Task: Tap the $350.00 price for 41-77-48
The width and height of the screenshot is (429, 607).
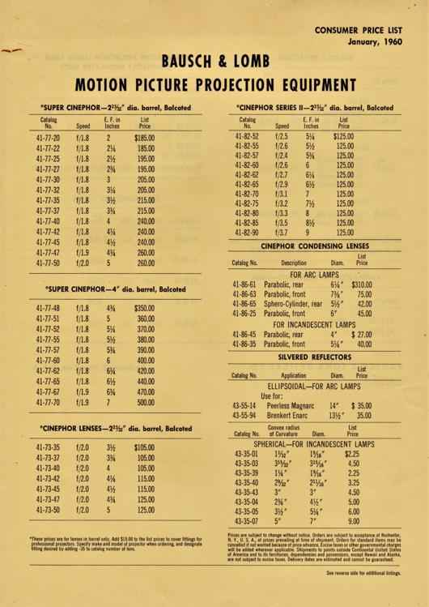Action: pos(144,308)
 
